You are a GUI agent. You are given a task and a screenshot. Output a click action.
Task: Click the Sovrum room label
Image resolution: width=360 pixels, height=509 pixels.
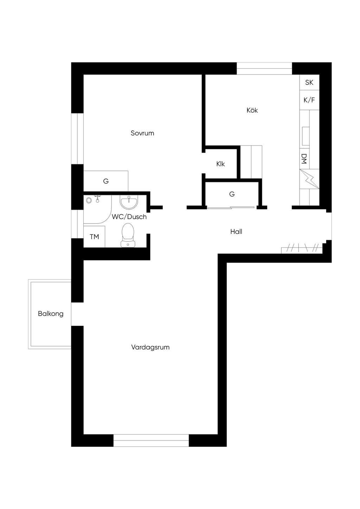(142, 133)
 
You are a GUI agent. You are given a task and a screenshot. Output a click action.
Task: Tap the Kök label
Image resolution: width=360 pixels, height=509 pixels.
(252, 110)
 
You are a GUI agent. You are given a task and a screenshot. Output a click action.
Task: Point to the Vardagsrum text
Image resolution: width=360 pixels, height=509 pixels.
(150, 347)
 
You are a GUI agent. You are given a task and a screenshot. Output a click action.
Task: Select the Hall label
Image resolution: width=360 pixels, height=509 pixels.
(236, 232)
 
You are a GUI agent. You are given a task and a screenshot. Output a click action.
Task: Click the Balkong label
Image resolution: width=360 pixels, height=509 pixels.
(51, 314)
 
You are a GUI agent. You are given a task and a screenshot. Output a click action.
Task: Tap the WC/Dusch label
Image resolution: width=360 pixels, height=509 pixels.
(129, 217)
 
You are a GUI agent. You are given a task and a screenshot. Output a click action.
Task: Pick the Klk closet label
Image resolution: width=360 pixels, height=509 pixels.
(220, 164)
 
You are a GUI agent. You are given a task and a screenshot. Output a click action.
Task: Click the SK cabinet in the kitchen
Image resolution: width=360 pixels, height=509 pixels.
(309, 83)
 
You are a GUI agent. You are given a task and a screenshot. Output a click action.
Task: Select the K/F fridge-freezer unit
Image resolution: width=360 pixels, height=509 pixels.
(309, 100)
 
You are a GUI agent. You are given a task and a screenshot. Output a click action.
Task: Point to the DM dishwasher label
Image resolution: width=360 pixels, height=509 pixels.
(304, 159)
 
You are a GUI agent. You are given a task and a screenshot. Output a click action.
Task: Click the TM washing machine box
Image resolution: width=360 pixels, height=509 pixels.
(94, 237)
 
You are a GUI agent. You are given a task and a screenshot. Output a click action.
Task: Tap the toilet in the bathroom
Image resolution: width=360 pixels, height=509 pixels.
(128, 235)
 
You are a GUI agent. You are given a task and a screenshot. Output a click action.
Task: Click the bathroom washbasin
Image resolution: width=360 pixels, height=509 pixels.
(129, 202)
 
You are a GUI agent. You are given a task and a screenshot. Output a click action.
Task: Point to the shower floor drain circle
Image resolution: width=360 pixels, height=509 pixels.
(89, 200)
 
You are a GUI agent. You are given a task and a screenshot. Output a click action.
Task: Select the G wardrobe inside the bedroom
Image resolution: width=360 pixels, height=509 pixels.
(106, 181)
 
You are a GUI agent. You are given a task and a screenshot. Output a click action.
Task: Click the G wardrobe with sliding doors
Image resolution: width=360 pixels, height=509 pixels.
(232, 194)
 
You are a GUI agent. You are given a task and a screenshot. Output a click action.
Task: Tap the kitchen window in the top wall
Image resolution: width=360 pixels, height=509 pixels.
(264, 69)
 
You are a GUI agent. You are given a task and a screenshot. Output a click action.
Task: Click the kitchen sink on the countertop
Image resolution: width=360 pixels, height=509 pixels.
(306, 136)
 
